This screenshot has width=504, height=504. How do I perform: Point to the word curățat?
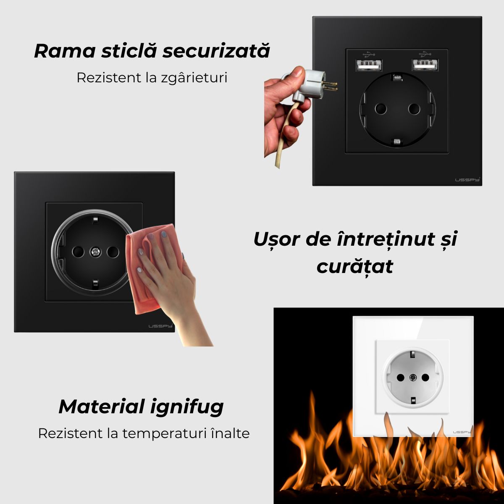point(355,266)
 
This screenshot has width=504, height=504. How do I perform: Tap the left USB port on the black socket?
point(369,65)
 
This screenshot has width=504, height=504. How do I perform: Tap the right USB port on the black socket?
point(425,65)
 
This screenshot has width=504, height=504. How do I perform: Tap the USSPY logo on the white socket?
point(462,432)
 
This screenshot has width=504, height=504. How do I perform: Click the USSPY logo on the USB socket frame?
point(468,180)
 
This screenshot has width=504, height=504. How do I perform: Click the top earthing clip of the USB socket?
point(396,77)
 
